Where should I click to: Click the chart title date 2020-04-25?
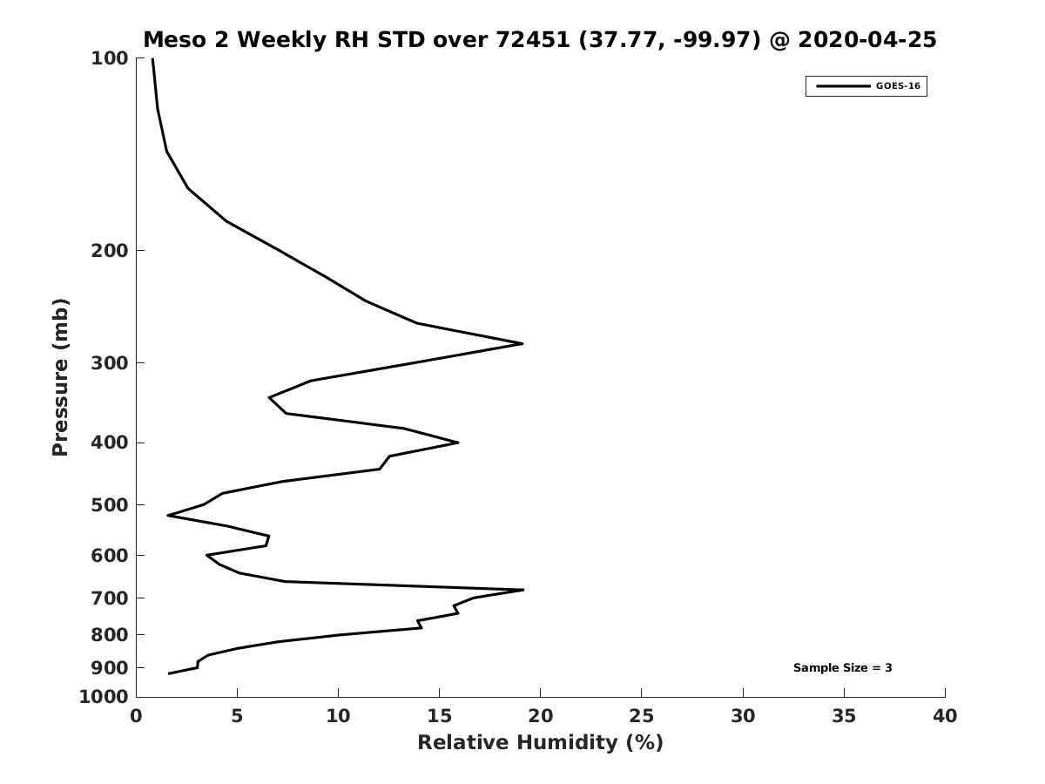pyautogui.click(x=867, y=40)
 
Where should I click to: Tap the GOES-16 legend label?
pyautogui.click(x=898, y=86)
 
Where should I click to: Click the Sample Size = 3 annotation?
pyautogui.click(x=842, y=668)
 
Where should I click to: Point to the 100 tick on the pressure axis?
pyautogui.click(x=110, y=58)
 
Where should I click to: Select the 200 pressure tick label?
pyautogui.click(x=110, y=251)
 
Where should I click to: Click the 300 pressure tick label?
pyautogui.click(x=110, y=363)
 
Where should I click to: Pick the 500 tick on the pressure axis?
pyautogui.click(x=110, y=505)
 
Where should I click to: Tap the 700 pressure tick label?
pyautogui.click(x=110, y=598)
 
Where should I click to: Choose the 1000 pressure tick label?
pyautogui.click(x=104, y=697)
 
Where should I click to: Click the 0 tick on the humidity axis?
pyautogui.click(x=137, y=716)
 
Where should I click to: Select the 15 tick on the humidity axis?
pyautogui.click(x=440, y=716)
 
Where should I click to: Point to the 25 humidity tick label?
pyautogui.click(x=642, y=716)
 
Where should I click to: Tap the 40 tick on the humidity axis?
pyautogui.click(x=945, y=716)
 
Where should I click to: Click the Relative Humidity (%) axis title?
pyautogui.click(x=540, y=743)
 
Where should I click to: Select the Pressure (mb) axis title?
pyautogui.click(x=60, y=377)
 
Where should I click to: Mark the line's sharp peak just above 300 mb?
pyautogui.click(x=522, y=344)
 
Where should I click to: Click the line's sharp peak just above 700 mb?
pyautogui.click(x=523, y=590)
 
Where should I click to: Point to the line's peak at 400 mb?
pyautogui.click(x=458, y=443)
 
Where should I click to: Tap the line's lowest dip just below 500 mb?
pyautogui.click(x=168, y=516)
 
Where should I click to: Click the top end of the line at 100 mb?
pyautogui.click(x=152, y=59)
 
